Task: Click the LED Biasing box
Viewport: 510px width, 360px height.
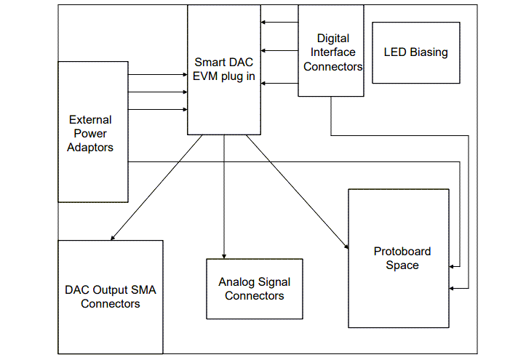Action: click(x=415, y=52)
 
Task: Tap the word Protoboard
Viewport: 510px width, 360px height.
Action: click(x=402, y=252)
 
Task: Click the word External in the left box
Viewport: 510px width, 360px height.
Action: click(x=90, y=119)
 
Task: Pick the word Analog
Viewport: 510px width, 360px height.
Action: click(x=236, y=282)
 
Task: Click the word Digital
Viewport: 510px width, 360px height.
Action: click(x=333, y=38)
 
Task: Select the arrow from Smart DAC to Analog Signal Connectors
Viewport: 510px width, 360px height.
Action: click(x=224, y=196)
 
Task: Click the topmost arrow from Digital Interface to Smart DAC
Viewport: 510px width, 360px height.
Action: click(x=280, y=22)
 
